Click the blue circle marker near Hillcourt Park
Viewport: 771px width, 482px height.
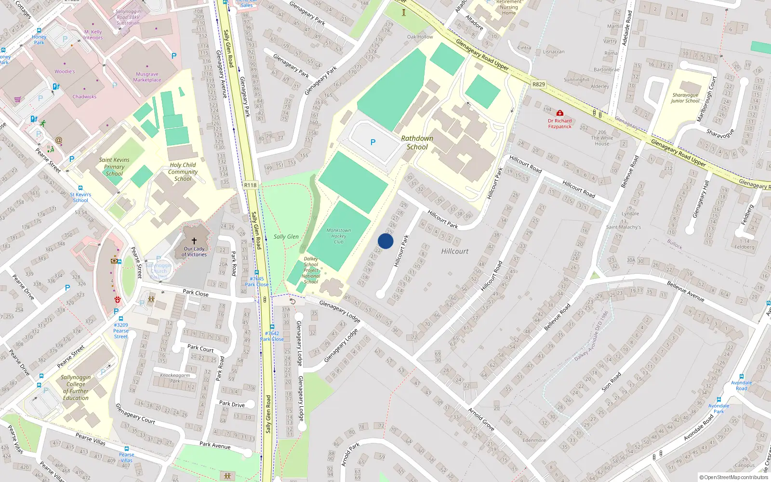coord(385,241)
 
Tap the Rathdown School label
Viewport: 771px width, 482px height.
coord(417,143)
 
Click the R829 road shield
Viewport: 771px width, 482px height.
coord(539,84)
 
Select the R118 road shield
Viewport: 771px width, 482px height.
coord(250,185)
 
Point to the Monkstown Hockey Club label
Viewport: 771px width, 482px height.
coord(339,236)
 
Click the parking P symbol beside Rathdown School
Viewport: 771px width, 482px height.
coord(373,142)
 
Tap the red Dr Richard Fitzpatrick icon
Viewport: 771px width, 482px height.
coord(560,113)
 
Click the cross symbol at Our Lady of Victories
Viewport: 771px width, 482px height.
coord(194,241)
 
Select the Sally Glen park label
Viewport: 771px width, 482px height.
coord(286,237)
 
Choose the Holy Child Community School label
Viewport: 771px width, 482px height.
coord(183,172)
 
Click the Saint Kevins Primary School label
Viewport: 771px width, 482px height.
coord(114,167)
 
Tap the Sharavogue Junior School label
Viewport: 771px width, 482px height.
coord(685,98)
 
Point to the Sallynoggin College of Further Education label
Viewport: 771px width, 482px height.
coord(76,388)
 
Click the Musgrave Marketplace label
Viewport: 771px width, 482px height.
coord(147,77)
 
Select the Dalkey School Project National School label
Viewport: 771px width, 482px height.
coord(311,270)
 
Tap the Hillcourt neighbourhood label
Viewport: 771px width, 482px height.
coord(455,251)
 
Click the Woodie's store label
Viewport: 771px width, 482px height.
coord(65,71)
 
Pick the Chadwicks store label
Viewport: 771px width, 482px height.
coord(84,96)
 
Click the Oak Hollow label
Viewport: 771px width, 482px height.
coord(420,37)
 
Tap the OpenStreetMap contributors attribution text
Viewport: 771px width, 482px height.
coord(734,477)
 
